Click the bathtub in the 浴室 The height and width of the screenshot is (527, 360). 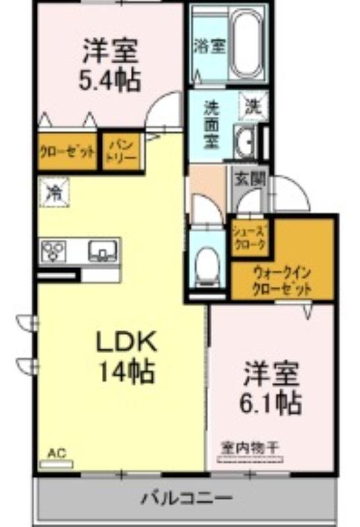[x=247, y=42]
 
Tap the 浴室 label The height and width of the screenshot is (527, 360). [x=209, y=46]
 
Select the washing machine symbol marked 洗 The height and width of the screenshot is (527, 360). [x=253, y=106]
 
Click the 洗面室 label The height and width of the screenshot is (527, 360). [x=212, y=125]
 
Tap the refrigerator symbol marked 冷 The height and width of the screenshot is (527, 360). [x=55, y=192]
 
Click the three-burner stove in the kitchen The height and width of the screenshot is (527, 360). [x=53, y=251]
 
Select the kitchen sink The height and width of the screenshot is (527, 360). [x=103, y=251]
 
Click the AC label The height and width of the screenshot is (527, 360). [x=56, y=454]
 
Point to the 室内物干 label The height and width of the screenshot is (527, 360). [x=250, y=448]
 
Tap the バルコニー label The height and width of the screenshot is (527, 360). [x=186, y=499]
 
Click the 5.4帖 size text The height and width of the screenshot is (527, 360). [x=110, y=80]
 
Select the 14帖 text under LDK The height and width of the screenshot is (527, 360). [x=126, y=372]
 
